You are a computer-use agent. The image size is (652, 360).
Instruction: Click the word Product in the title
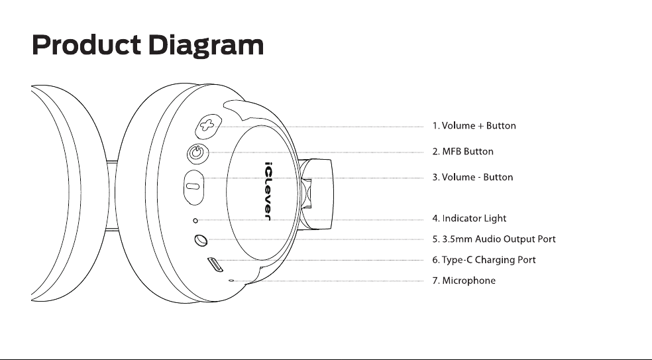86,44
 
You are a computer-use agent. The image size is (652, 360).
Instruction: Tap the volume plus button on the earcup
208,126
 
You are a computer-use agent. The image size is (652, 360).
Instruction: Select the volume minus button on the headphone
193,187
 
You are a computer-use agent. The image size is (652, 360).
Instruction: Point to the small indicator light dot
195,221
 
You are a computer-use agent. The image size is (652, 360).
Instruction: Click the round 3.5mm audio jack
201,240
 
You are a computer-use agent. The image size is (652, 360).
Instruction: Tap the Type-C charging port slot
215,265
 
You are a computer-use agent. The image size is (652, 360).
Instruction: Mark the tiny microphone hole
231,280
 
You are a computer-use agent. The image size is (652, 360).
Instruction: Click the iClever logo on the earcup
268,191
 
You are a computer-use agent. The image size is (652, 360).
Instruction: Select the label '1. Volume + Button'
474,126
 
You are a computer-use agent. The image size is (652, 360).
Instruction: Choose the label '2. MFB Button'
462,151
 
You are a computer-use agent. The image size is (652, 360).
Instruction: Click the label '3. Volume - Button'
473,177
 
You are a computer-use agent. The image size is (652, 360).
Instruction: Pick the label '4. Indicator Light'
470,219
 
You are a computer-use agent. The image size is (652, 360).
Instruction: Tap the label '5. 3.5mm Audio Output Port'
494,239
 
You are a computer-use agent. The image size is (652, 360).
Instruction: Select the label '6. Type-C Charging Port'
484,260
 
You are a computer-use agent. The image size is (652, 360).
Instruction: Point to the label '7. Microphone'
464,281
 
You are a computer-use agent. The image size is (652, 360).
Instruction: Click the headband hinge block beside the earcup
316,194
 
